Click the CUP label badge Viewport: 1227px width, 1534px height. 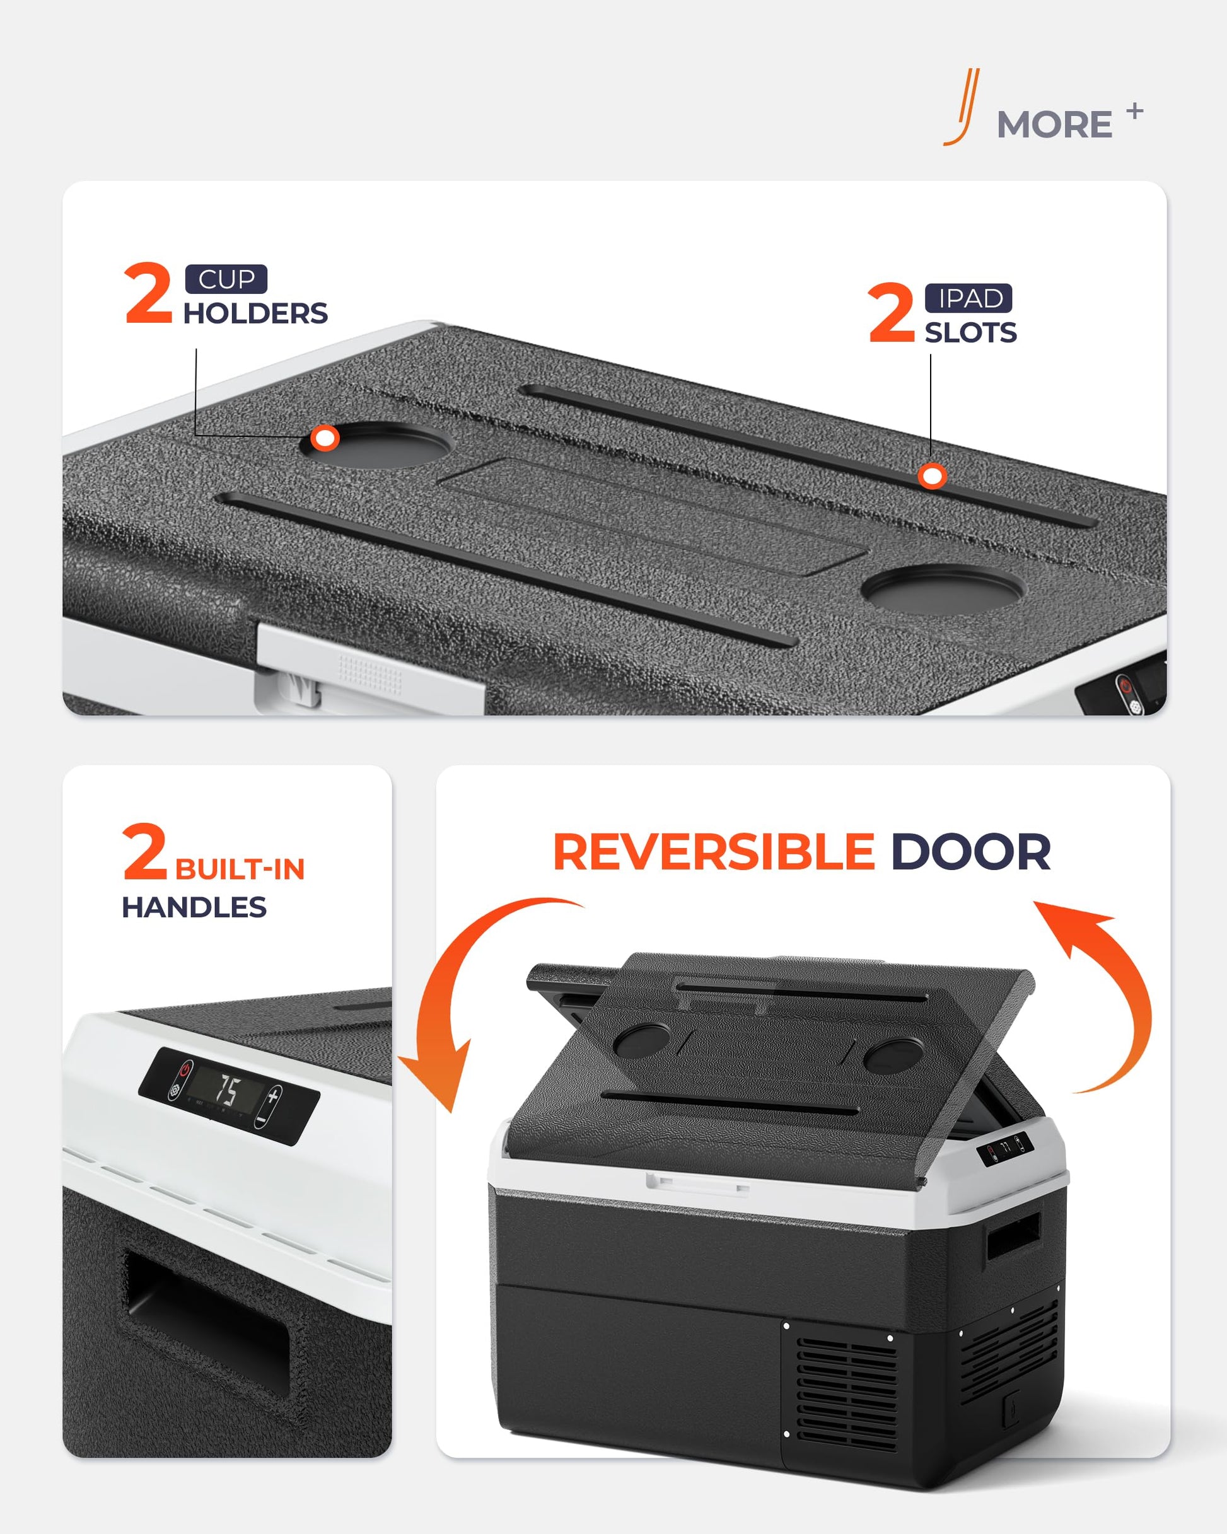(x=226, y=279)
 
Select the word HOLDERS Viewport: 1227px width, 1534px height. (x=255, y=313)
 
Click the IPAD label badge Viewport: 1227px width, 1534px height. (x=968, y=298)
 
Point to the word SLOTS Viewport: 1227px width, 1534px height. (x=971, y=332)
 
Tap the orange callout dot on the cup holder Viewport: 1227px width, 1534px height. (x=325, y=438)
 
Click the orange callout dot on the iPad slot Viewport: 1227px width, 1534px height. (x=932, y=476)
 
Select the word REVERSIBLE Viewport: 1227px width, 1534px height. (x=714, y=852)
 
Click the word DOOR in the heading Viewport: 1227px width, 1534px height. (x=971, y=852)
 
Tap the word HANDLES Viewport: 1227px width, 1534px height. (x=194, y=907)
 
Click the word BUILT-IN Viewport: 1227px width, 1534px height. (x=240, y=869)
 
